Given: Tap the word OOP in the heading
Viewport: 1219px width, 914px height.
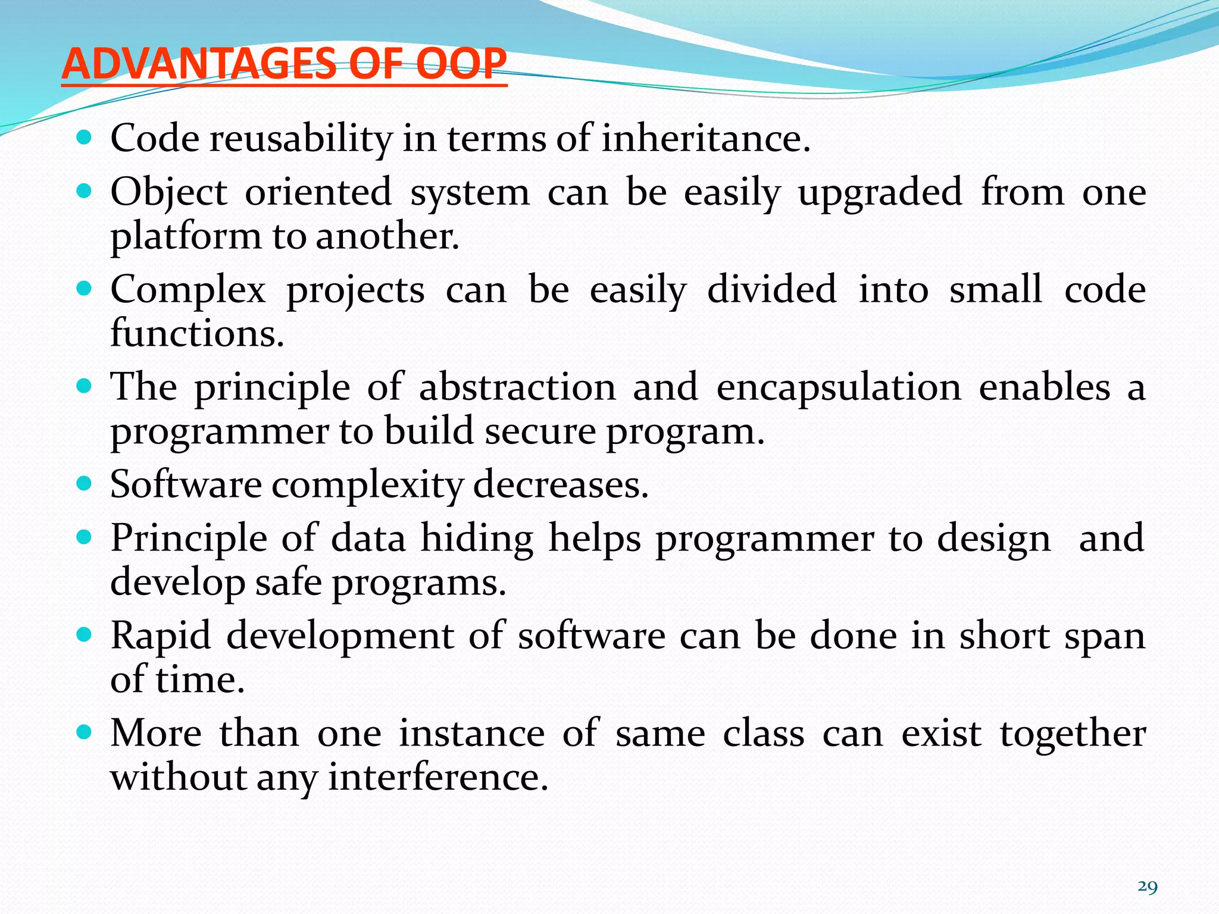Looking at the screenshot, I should [461, 64].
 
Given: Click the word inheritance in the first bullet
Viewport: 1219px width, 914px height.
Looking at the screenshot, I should [705, 139].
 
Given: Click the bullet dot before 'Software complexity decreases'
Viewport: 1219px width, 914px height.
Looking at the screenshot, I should [85, 483].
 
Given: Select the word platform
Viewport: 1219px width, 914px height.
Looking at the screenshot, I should [186, 237].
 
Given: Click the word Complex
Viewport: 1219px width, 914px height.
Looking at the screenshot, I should [188, 291].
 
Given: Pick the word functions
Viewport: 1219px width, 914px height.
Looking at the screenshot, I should [197, 333].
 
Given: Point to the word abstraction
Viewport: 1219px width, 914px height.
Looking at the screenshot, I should [517, 387].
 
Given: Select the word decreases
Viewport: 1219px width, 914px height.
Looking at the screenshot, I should [561, 484].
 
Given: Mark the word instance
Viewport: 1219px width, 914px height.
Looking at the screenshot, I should [471, 733].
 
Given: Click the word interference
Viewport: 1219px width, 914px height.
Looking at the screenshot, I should [437, 778].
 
